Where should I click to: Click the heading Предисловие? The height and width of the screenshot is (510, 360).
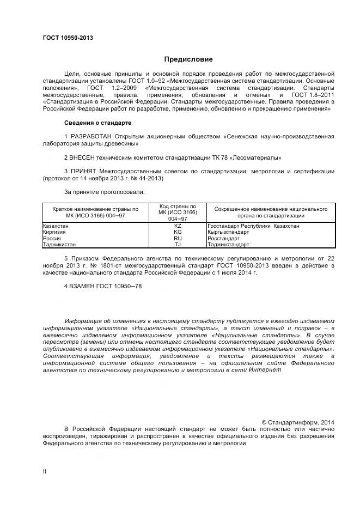point(188,59)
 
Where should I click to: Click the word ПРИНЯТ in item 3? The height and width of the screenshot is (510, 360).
point(83,171)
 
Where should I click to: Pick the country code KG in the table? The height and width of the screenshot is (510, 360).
point(178,232)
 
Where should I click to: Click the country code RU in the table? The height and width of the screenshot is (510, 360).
point(178,238)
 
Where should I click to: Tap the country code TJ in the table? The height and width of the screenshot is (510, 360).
point(178,245)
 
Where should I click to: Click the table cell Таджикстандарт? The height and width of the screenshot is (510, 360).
point(228,245)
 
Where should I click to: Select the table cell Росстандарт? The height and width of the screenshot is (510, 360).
point(223,238)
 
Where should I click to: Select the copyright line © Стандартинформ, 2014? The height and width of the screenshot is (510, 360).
point(298,422)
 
